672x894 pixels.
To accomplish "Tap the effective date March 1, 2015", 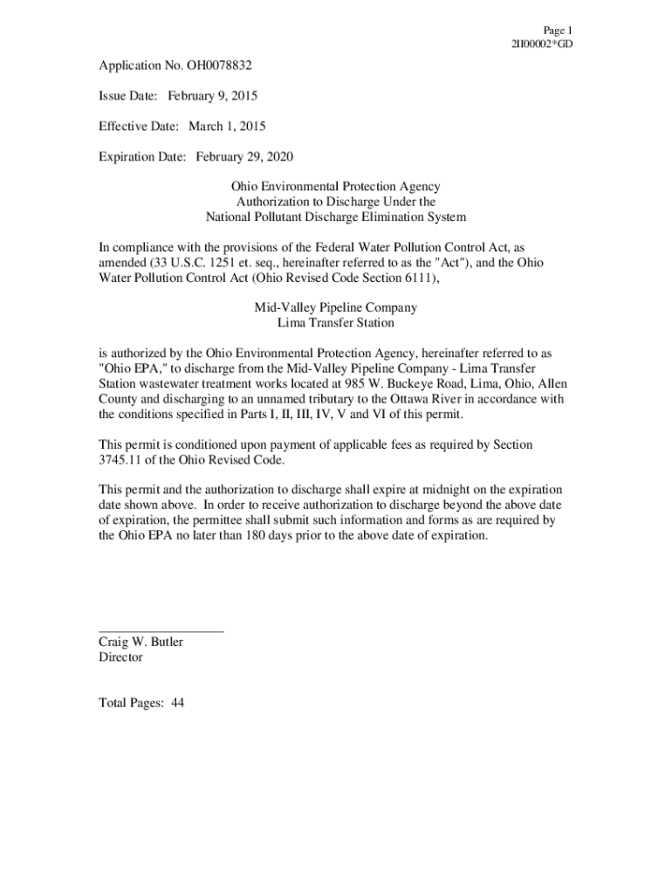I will click(227, 126).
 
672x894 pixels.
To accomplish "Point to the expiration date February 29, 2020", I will click(244, 157).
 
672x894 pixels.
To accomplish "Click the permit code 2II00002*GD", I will click(542, 44).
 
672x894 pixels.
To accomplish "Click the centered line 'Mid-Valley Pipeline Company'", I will click(335, 307).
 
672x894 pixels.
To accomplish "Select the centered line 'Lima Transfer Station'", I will click(335, 323).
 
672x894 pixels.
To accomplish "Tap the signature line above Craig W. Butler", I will click(161, 630).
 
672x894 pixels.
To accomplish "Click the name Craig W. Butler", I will click(141, 642).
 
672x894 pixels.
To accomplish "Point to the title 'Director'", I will click(120, 657).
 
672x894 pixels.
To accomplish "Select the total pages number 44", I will click(177, 703).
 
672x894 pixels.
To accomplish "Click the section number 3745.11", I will click(121, 460).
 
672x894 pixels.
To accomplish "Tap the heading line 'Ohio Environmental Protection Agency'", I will click(335, 187).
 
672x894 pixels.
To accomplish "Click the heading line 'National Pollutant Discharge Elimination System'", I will click(335, 217).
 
